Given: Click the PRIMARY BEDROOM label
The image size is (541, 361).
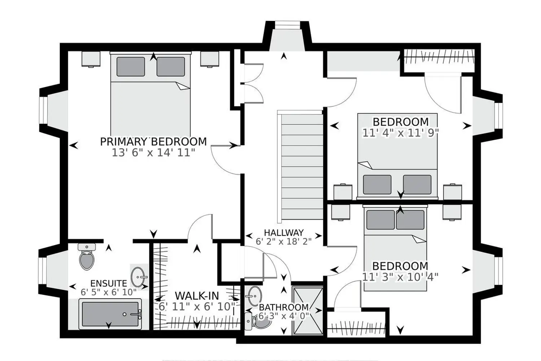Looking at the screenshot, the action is pos(153,142).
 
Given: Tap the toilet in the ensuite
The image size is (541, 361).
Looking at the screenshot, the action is pos(87,256).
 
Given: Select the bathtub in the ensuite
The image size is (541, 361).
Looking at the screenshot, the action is pos(110,314).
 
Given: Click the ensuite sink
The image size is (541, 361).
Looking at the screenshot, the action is pos(139,277).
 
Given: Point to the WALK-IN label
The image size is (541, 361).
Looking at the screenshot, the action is pos(197,296).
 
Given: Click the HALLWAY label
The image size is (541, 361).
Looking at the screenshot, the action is pos(284,232).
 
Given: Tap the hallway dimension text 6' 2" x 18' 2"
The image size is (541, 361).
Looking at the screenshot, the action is pos(284,242).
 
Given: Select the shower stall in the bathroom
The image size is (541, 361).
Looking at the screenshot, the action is pos(307,311).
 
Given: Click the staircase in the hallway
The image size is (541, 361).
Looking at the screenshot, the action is pos(300,166).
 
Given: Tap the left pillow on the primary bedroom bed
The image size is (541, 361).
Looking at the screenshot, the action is pos(131,66).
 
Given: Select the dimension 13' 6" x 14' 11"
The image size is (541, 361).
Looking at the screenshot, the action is pos(153,153).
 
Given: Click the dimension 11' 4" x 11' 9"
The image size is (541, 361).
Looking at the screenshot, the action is pos(400,133).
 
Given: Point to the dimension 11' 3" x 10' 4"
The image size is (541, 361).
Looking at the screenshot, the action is pos(400,277).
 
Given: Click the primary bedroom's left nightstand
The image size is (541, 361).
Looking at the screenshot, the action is pos(91,59).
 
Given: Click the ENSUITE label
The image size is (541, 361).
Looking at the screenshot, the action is pos(109,283).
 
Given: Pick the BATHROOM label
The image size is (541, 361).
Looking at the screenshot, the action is pos(284,307).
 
